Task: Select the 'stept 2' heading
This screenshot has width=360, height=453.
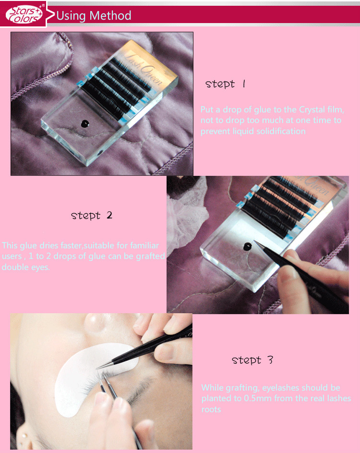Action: pos(92,216)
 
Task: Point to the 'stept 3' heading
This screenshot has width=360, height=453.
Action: pos(252,360)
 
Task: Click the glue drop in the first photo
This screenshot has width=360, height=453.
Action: pos(85,124)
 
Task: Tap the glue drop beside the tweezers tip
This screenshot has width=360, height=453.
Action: pos(247,246)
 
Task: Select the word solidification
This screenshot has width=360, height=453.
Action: pos(281,131)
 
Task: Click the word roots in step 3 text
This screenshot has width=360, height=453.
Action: pos(211,409)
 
